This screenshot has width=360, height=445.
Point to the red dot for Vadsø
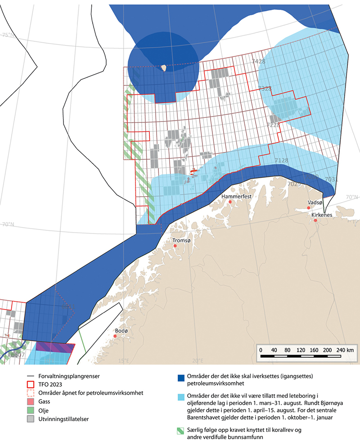pyautogui.click(x=309, y=207)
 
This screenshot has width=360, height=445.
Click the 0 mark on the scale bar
pyautogui.click(x=261, y=350)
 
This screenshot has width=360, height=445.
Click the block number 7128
pyautogui.click(x=281, y=160)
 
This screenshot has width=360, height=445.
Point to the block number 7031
pyautogui.click(x=331, y=180)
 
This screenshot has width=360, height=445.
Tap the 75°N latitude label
pyautogui.click(x=8, y=35)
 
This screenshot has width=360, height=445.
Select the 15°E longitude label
pyautogui.click(x=123, y=361)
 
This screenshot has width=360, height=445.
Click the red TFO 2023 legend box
pyautogui.click(x=31, y=385)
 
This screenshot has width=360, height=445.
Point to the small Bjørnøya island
pyautogui.click(x=163, y=68)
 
